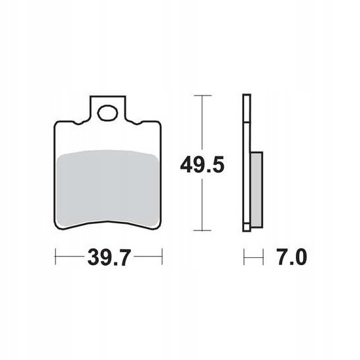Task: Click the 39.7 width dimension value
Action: point(109,257)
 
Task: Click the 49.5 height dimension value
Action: point(202,164)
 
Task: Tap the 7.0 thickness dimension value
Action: point(292,257)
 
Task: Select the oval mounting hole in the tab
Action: point(107,113)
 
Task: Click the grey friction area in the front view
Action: point(107,189)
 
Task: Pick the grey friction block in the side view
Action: point(257,190)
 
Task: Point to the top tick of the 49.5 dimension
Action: point(202,96)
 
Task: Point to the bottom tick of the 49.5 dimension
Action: point(202,230)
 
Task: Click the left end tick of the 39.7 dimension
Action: point(56,257)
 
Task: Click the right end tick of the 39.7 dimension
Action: point(162,257)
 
